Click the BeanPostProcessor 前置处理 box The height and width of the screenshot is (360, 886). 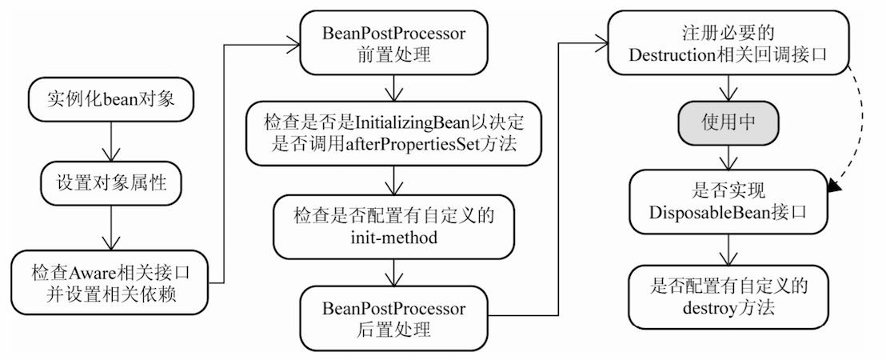392,44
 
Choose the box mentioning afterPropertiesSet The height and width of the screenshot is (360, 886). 392,134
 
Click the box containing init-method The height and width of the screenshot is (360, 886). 392,226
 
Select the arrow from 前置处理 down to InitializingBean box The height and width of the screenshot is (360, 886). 392,87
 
